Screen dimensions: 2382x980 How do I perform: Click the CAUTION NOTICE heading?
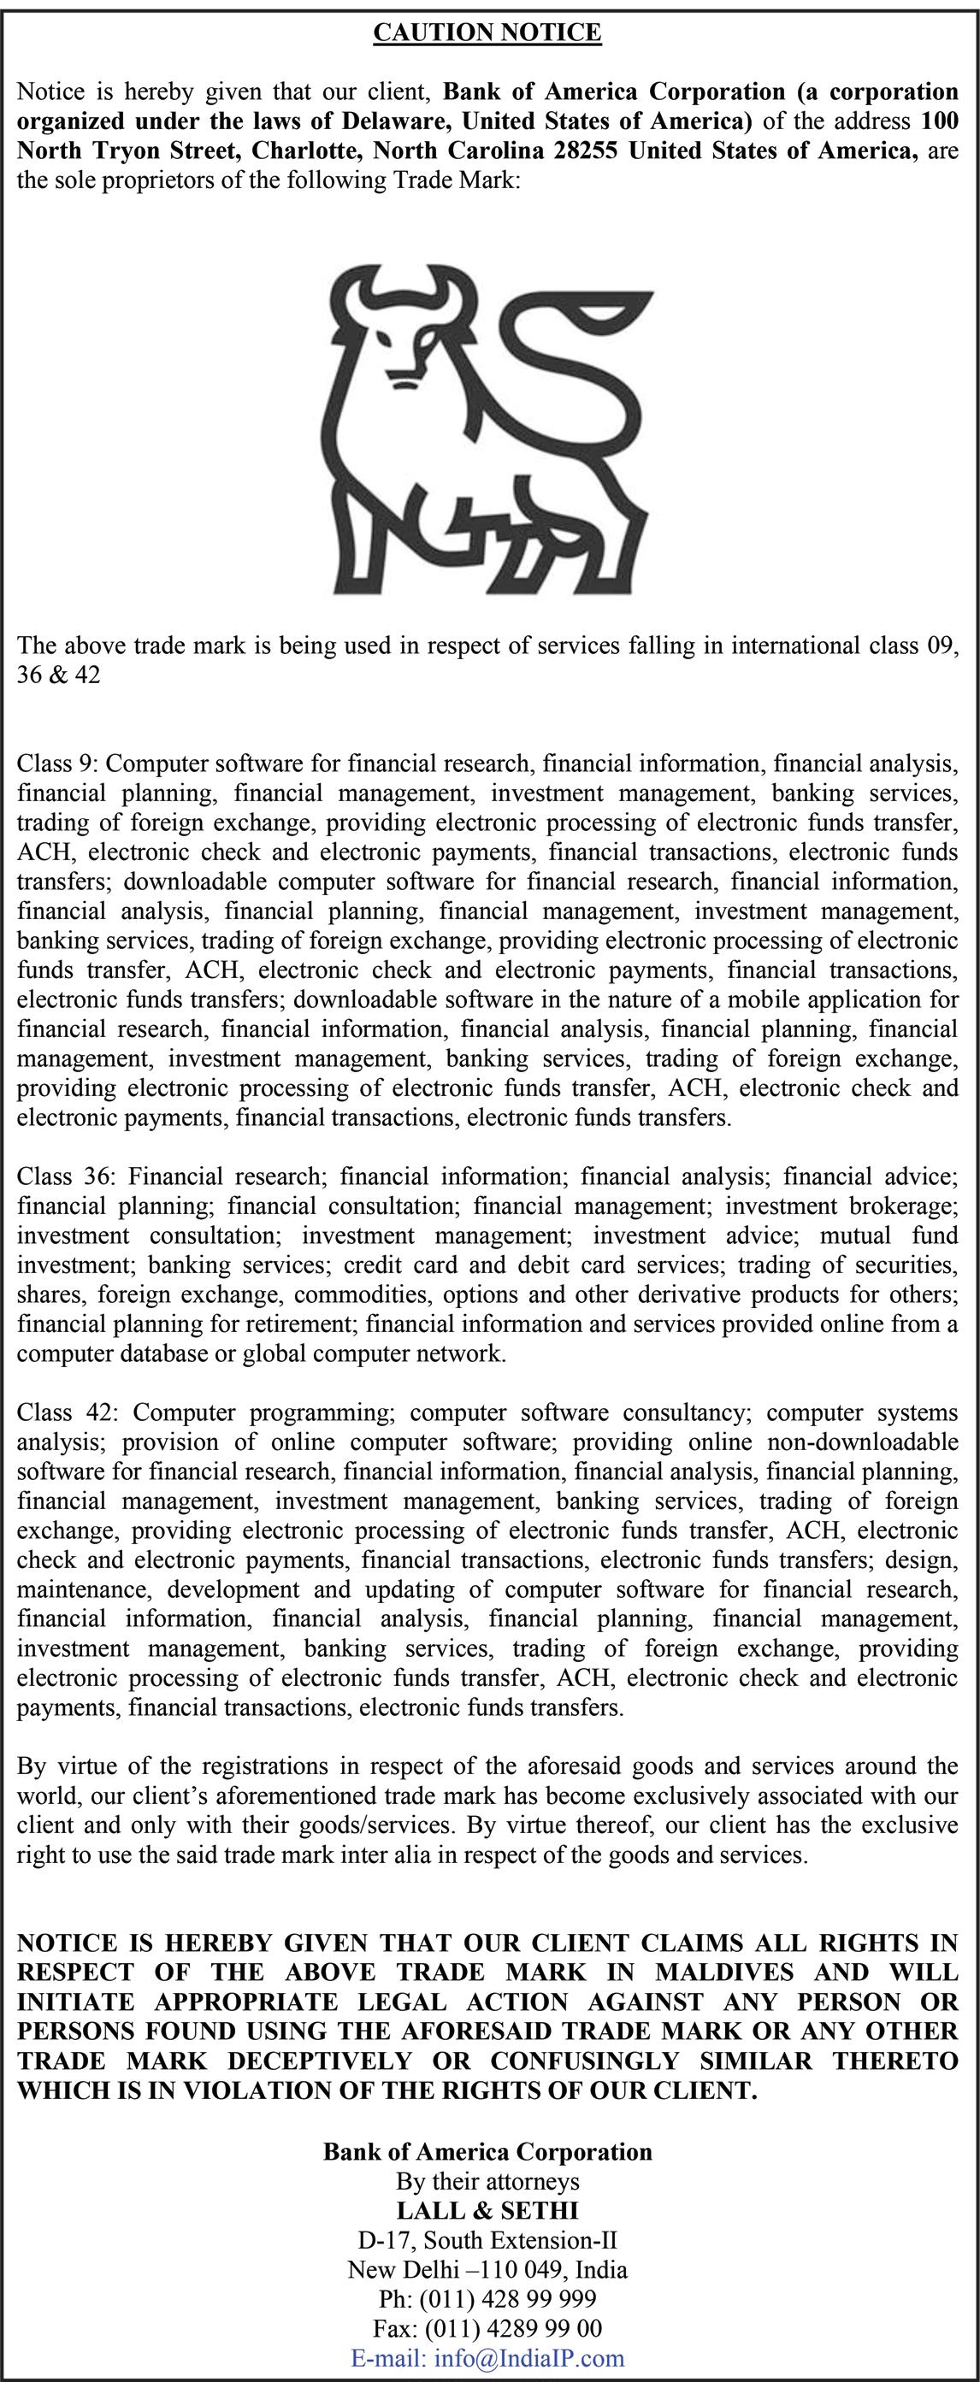pos(487,33)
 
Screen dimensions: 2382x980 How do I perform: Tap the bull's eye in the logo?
pos(418,343)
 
